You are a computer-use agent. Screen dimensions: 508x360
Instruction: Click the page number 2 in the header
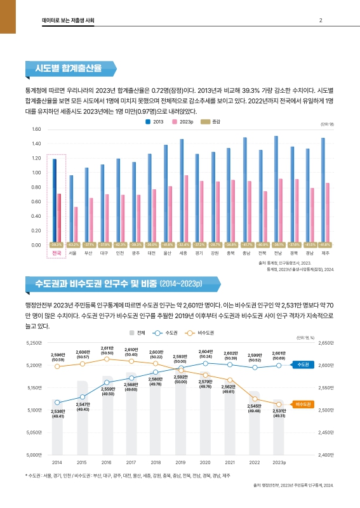(321, 21)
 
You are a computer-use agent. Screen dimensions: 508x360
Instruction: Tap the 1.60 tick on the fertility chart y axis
(36, 129)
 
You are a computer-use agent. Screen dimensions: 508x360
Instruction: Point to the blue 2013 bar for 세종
(182, 190)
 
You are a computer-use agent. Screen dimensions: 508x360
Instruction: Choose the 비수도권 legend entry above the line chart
(201, 332)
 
